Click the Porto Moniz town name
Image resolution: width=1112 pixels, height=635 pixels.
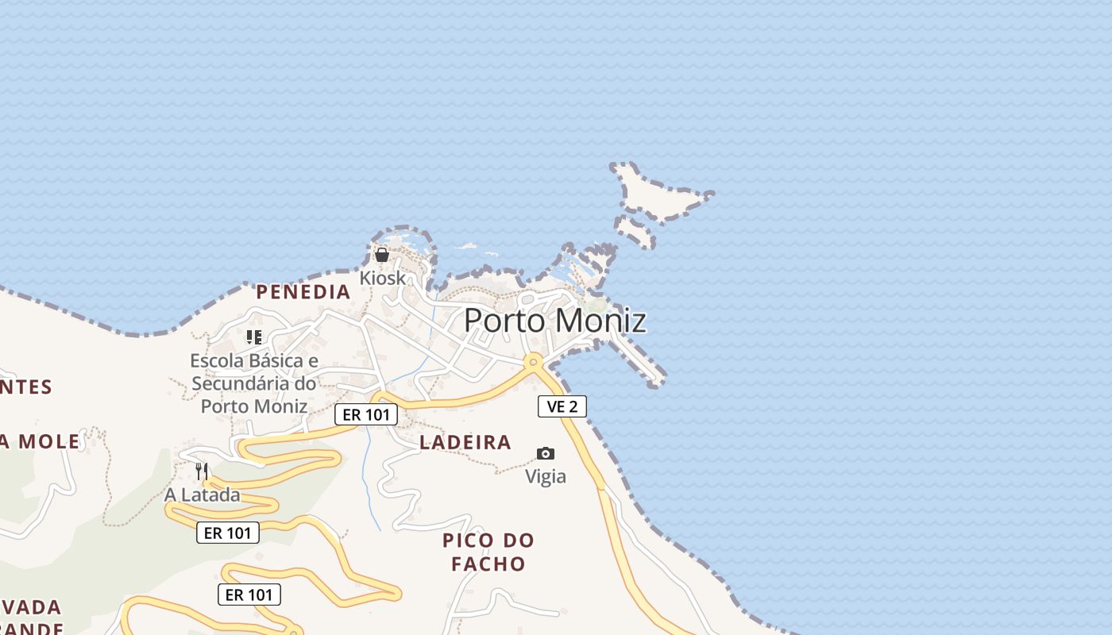554,320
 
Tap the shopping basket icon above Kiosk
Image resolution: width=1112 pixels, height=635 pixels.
382,255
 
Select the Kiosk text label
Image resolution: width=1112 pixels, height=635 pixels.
382,279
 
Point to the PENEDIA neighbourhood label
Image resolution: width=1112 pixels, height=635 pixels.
303,292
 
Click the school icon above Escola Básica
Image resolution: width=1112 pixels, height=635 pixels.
254,337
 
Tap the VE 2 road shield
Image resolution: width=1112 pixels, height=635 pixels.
562,406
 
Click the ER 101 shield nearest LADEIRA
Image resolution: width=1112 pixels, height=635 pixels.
365,414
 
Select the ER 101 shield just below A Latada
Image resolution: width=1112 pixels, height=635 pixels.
228,533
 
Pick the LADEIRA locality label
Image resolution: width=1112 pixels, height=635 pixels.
465,443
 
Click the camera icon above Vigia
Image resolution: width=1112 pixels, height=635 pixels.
546,453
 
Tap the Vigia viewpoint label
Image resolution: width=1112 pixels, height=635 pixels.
546,476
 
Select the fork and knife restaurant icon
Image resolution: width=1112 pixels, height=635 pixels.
202,471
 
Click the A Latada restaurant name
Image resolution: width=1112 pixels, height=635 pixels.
202,495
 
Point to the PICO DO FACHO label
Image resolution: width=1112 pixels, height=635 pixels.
488,552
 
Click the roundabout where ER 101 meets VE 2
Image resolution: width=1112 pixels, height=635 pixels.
533,362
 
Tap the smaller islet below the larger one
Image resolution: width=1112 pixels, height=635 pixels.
635,231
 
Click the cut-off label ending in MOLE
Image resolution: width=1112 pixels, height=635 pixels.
41,442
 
